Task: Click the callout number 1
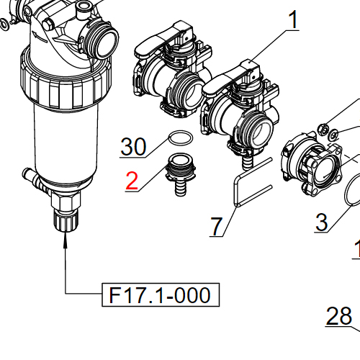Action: [294, 19]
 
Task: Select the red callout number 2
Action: [132, 180]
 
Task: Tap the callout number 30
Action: [132, 147]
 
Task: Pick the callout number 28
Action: [339, 315]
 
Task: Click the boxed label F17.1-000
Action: [159, 295]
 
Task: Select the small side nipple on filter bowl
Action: [29, 174]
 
